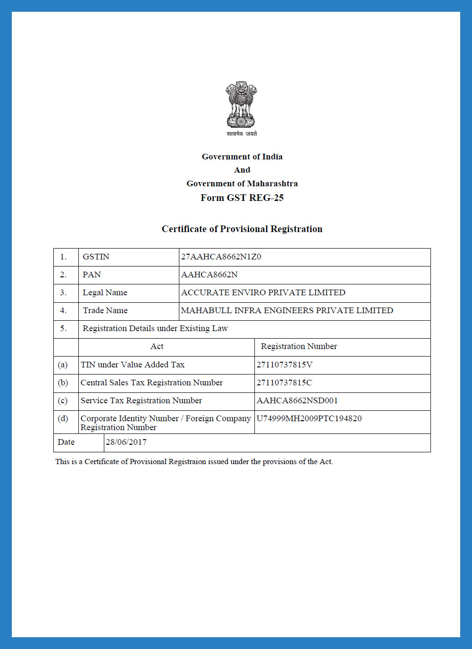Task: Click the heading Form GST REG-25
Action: click(x=242, y=198)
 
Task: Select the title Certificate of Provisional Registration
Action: click(x=242, y=229)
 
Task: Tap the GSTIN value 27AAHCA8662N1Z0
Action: click(x=221, y=257)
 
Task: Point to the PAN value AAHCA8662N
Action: click(x=209, y=275)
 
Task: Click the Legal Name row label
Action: click(x=105, y=293)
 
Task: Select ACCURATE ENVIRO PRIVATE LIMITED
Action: click(x=263, y=293)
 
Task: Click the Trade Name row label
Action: click(x=105, y=311)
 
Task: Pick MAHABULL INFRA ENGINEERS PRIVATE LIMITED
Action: click(x=287, y=311)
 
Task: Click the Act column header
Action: click(x=157, y=347)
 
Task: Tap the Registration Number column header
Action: click(x=299, y=347)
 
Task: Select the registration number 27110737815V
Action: click(x=284, y=365)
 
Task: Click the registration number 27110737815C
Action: click(x=284, y=383)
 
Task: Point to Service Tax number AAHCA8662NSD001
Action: click(x=297, y=401)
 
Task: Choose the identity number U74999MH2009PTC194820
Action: click(x=309, y=419)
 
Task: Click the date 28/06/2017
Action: click(x=126, y=442)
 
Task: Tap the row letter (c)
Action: click(x=63, y=401)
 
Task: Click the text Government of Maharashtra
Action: click(x=242, y=184)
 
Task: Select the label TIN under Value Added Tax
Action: click(x=133, y=365)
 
